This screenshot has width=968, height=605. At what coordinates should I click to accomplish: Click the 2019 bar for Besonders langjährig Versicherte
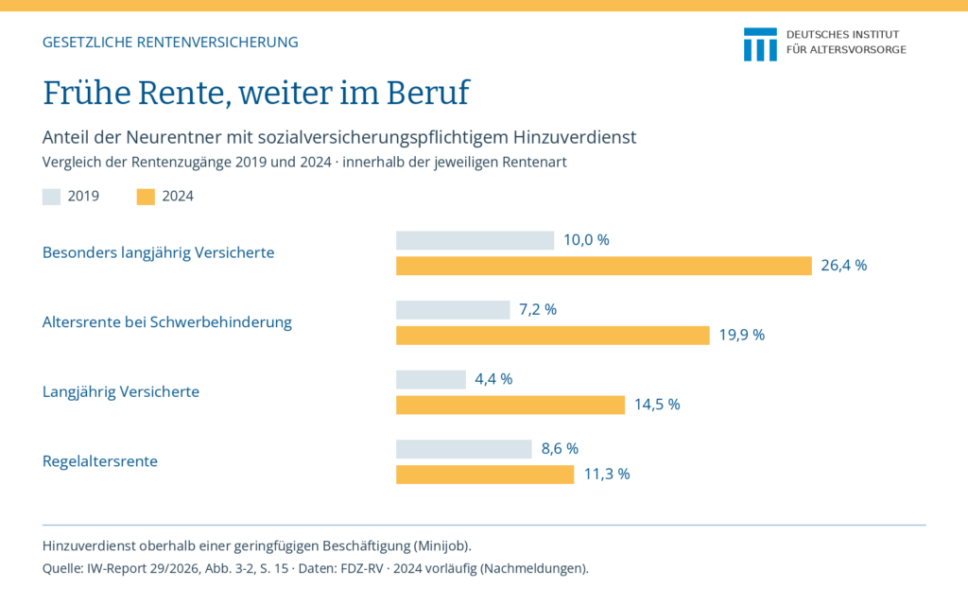[475, 240]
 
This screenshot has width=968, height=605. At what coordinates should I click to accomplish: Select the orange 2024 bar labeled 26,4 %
[604, 266]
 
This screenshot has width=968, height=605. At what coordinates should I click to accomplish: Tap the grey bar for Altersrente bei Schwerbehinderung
[453, 310]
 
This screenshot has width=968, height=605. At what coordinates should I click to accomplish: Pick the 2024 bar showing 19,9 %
[552, 336]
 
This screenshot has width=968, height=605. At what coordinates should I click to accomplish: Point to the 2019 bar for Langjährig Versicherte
[431, 380]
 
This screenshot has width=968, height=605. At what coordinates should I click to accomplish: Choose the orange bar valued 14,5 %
[510, 405]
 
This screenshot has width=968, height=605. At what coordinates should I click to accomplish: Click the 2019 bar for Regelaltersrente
[463, 449]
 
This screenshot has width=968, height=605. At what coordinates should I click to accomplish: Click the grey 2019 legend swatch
[51, 197]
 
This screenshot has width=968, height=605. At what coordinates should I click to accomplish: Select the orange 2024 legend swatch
[146, 197]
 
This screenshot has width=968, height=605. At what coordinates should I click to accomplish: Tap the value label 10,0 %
[586, 240]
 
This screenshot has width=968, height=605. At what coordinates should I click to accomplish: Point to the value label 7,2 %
[538, 309]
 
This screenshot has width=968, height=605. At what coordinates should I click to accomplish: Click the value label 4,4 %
[493, 379]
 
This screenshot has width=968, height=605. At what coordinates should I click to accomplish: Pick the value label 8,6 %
[560, 449]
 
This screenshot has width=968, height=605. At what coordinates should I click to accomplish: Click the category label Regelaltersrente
[100, 461]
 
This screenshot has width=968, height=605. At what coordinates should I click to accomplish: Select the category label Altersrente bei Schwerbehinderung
[166, 322]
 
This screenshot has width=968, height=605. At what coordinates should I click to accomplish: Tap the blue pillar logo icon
[761, 44]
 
